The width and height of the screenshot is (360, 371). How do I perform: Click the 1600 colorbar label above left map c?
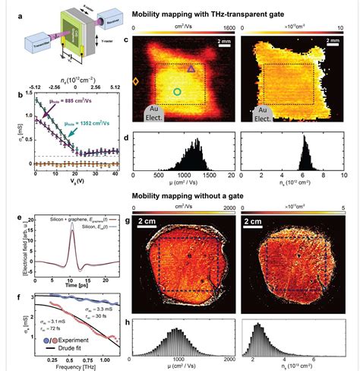pyautogui.click(x=227, y=27)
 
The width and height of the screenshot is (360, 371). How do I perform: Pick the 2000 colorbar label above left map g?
pyautogui.click(x=227, y=208)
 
